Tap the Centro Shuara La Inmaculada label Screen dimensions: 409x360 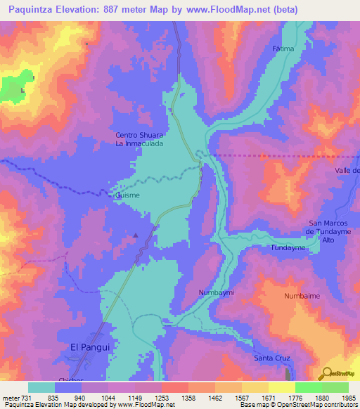point(139,139)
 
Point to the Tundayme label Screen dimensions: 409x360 point(286,248)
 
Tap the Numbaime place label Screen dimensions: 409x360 point(302,296)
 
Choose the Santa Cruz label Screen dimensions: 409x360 point(272,358)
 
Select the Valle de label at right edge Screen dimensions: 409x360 point(347,171)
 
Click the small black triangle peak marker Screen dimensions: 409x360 point(136,235)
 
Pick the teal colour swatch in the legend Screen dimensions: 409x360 point(41,387)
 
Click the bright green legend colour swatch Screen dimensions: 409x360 point(308,387)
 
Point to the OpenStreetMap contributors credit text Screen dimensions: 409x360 point(317,405)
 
